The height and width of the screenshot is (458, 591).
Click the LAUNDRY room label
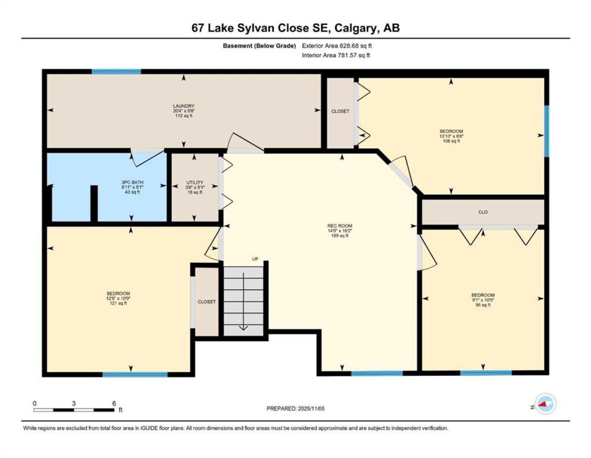tap(184, 106)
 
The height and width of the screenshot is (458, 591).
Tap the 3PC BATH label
tap(133, 182)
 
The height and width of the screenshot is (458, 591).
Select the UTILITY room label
tap(195, 182)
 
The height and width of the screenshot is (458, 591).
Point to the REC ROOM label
tap(340, 226)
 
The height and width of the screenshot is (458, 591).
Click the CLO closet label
tap(483, 212)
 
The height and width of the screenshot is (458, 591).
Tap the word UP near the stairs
tap(255, 259)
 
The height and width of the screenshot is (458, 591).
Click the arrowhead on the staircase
tap(243, 328)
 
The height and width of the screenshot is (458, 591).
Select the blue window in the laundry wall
tap(116, 72)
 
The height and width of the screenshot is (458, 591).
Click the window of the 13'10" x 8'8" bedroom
tap(547, 131)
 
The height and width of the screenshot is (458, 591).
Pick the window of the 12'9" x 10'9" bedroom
tap(135, 374)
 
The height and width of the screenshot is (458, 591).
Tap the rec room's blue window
tap(377, 373)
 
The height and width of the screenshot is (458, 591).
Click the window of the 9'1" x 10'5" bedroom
tap(486, 373)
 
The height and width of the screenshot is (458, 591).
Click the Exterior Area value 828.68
tap(350, 46)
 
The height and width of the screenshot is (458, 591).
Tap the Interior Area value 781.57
tap(348, 55)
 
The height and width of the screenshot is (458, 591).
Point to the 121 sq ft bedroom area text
tap(118, 303)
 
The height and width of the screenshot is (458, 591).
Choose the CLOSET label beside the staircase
tap(207, 302)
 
